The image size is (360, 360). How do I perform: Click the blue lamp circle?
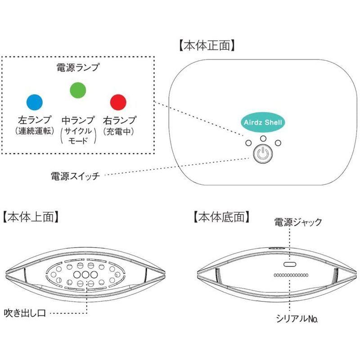pyautogui.click(x=35, y=102)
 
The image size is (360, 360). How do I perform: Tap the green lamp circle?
pyautogui.click(x=78, y=90)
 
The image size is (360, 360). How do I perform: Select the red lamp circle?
pyautogui.click(x=118, y=102)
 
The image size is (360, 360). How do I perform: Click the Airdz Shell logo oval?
pyautogui.click(x=263, y=122)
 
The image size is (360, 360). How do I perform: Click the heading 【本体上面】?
pyautogui.click(x=31, y=217)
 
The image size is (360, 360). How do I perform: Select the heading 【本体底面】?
pyautogui.click(x=221, y=217)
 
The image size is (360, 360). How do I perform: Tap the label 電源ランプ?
pyautogui.click(x=78, y=67)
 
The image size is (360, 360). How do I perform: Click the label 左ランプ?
pyautogui.click(x=35, y=120)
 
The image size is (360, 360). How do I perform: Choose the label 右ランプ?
pyautogui.click(x=119, y=120)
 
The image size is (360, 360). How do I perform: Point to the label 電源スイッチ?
pyautogui.click(x=75, y=176)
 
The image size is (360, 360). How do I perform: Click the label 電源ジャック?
pyautogui.click(x=298, y=222)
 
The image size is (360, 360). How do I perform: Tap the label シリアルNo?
pyautogui.click(x=297, y=319)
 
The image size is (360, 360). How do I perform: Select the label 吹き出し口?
pyautogui.click(x=25, y=313)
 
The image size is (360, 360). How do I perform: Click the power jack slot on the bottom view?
pyautogui.click(x=290, y=264)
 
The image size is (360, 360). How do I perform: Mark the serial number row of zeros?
pyautogui.click(x=291, y=275)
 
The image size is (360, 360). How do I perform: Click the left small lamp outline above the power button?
pyautogui.click(x=248, y=143)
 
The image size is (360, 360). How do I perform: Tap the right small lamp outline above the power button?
pyautogui.click(x=278, y=143)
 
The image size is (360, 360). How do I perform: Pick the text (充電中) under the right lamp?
pyautogui.click(x=118, y=131)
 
